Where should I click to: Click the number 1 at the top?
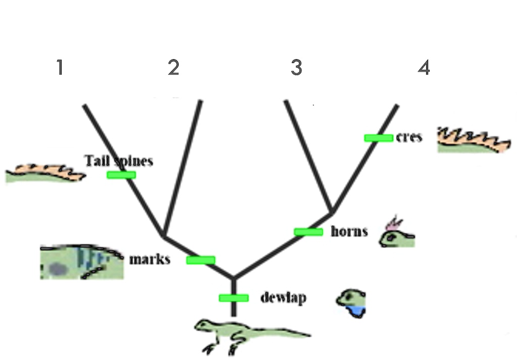coord(60,67)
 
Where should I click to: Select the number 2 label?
coord(174,67)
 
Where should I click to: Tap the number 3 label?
coord(296,67)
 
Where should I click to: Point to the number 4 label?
coord(424,67)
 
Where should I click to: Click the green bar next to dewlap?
coord(233,298)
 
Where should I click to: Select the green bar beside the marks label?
coord(200,260)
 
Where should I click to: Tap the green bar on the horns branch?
coord(308,232)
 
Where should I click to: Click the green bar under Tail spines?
coord(121,175)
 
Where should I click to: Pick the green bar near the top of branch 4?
coord(378,138)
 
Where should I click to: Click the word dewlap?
coord(283,298)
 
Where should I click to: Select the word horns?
coord(349,232)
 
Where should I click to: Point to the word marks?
coord(149,260)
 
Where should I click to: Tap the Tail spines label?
coord(119,161)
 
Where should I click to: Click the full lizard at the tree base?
coord(247,333)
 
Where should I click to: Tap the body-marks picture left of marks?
coord(82,262)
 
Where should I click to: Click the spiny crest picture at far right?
coord(474,140)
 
